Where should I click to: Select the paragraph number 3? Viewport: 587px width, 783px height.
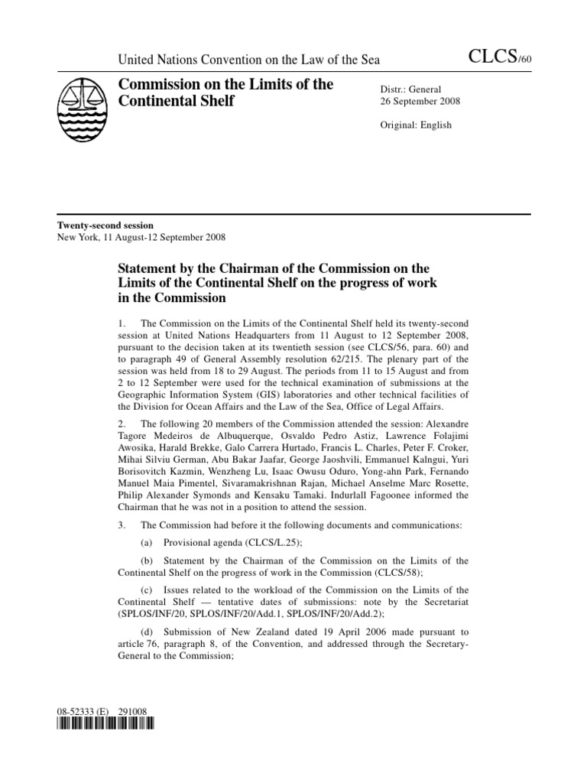122,524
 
